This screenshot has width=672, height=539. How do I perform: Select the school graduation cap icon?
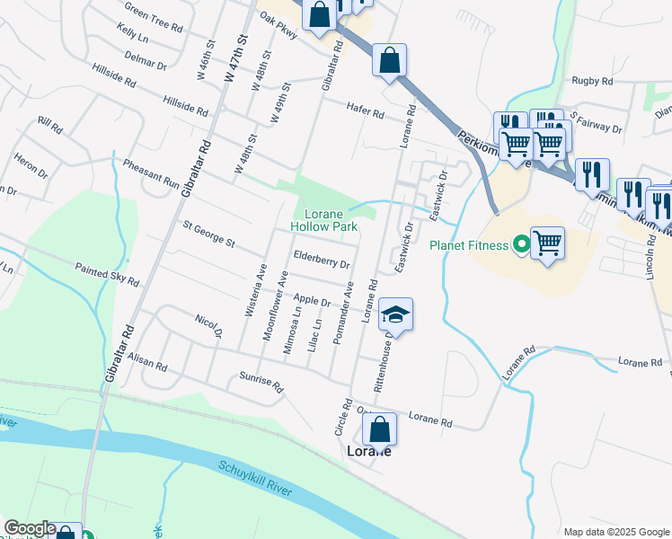click(395, 315)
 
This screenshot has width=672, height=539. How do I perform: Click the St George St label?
click(208, 235)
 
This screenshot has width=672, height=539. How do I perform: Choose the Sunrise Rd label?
click(261, 384)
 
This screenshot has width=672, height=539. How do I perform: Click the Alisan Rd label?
click(147, 361)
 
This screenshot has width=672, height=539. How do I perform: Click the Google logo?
click(30, 528)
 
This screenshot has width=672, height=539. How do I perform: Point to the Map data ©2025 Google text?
click(616, 532)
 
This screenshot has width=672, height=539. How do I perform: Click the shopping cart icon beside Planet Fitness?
click(547, 243)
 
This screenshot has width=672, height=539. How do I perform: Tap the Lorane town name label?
click(368, 452)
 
